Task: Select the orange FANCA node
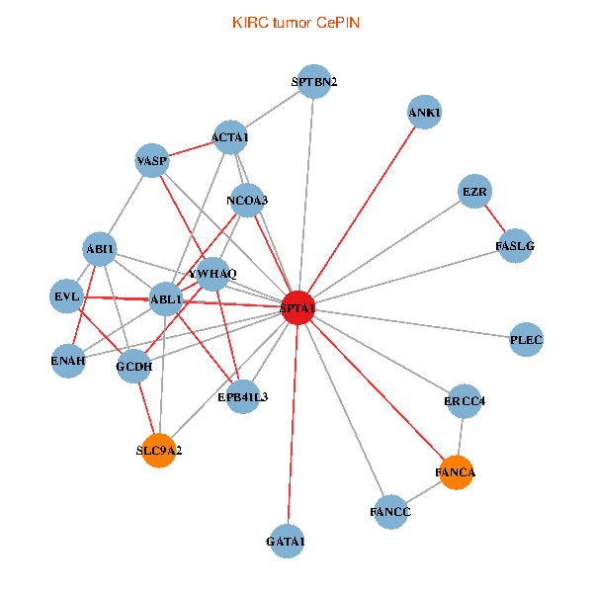click(x=456, y=472)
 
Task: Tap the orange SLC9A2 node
click(x=159, y=450)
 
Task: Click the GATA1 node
click(x=287, y=541)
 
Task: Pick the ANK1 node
click(x=424, y=112)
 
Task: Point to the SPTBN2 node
click(x=314, y=81)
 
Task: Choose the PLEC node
click(x=526, y=340)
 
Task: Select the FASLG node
click(x=515, y=245)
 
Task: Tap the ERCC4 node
click(x=465, y=401)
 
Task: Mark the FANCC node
click(x=390, y=512)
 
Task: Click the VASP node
click(x=152, y=160)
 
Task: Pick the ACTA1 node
click(x=230, y=137)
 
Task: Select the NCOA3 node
click(x=247, y=200)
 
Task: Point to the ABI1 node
click(x=101, y=249)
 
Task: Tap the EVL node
click(x=67, y=296)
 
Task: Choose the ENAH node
click(x=68, y=360)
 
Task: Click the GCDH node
click(x=134, y=368)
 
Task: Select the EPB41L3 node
click(x=243, y=396)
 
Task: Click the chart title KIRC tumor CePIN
click(x=296, y=22)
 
